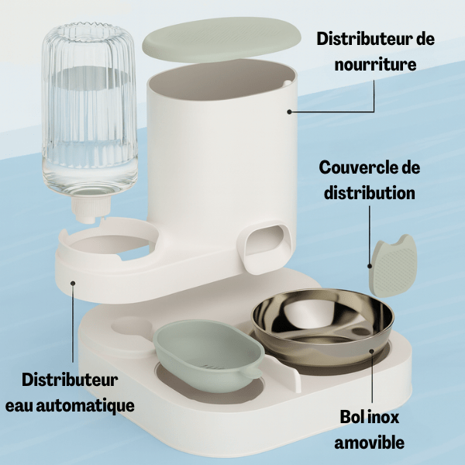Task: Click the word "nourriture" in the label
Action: tap(375, 64)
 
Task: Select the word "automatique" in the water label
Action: tap(85, 405)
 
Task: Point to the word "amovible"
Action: tap(369, 443)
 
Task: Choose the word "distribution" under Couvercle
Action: tap(370, 193)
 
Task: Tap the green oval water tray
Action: tap(208, 354)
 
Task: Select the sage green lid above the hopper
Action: tap(222, 40)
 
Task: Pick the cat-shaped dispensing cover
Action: tap(393, 266)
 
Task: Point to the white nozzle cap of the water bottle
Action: tap(90, 208)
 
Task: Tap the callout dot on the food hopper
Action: tap(289, 112)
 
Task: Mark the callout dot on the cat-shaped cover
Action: tap(370, 266)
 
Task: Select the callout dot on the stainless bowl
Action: tap(372, 351)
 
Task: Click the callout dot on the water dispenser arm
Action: tap(73, 283)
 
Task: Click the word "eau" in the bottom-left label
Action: tap(19, 405)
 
